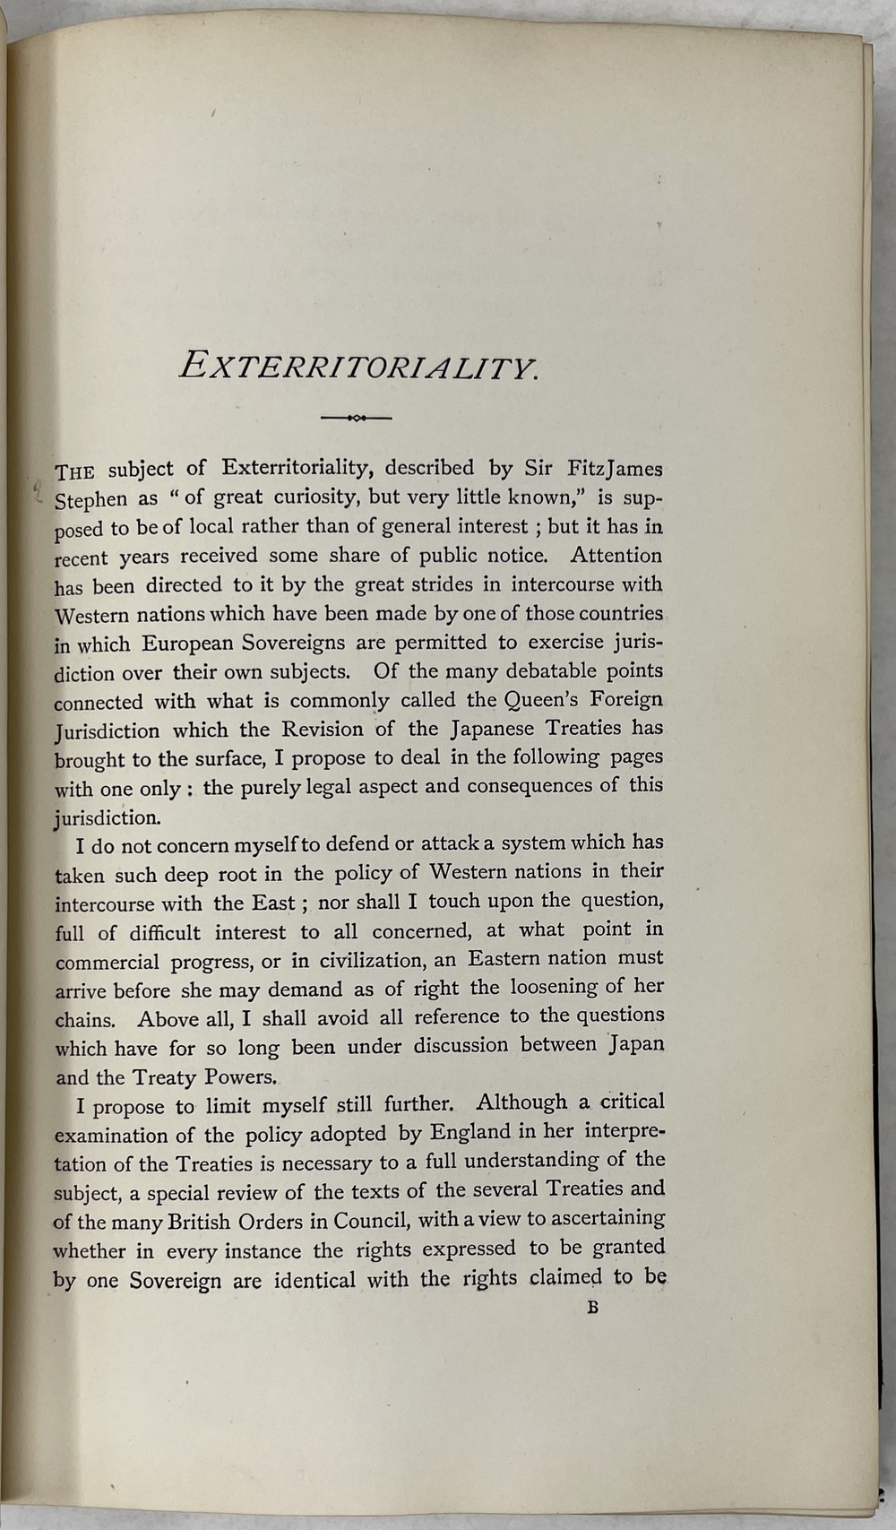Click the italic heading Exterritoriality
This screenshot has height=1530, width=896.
(x=358, y=367)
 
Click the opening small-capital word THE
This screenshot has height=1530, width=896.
(x=75, y=472)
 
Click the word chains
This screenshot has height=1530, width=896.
(x=85, y=1019)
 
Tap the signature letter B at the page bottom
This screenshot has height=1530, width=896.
(x=592, y=1308)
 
